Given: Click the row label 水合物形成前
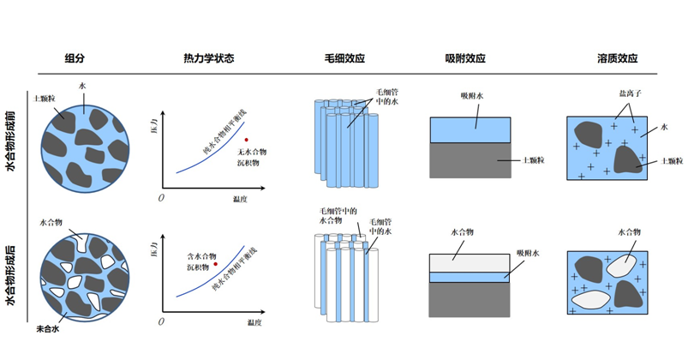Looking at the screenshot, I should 10,141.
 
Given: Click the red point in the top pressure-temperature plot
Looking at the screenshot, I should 246,139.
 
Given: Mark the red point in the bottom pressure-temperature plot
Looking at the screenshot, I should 216,264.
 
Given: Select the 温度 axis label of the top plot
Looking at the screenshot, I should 240,199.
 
